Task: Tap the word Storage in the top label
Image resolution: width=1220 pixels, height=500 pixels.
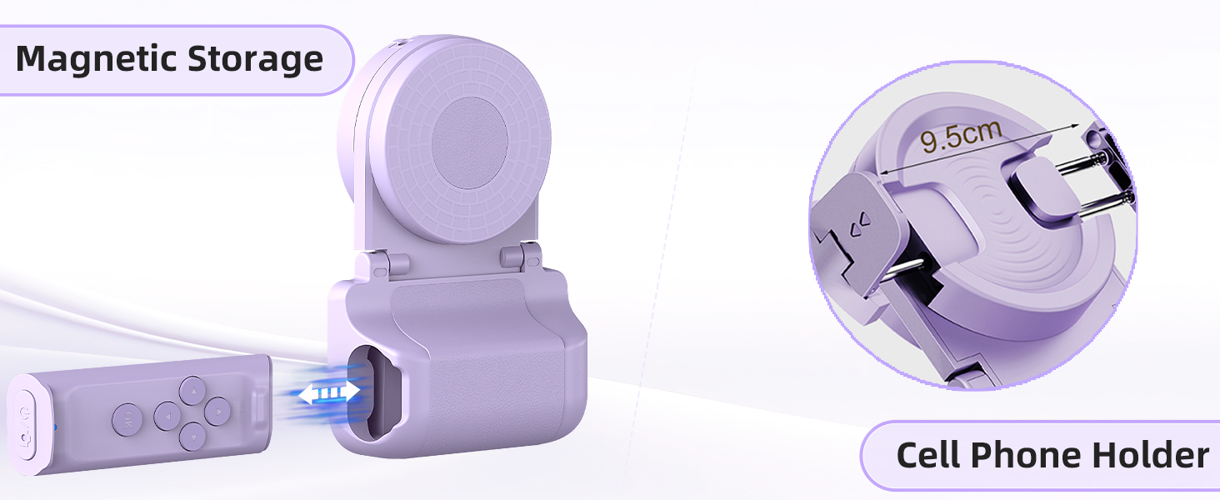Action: coord(256,60)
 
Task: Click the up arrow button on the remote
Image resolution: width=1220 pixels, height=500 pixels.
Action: coord(192,391)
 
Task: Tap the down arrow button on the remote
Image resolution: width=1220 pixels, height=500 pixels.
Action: coord(192,437)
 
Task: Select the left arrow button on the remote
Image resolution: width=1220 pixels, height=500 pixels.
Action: coord(167,416)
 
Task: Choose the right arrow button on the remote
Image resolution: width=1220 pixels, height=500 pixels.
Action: coord(217,412)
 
